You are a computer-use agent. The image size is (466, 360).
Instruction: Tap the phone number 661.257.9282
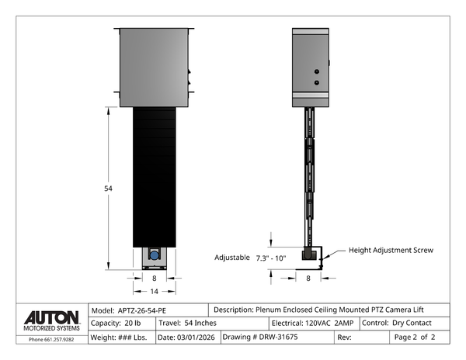point(51,339)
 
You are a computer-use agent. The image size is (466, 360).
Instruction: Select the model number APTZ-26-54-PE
point(143,309)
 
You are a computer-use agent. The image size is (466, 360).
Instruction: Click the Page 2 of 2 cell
point(415,337)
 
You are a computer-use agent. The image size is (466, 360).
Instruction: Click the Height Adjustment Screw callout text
point(390,251)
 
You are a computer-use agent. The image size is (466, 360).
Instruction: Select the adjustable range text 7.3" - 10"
point(270,257)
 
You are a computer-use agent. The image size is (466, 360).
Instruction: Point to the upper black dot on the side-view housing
point(316,71)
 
